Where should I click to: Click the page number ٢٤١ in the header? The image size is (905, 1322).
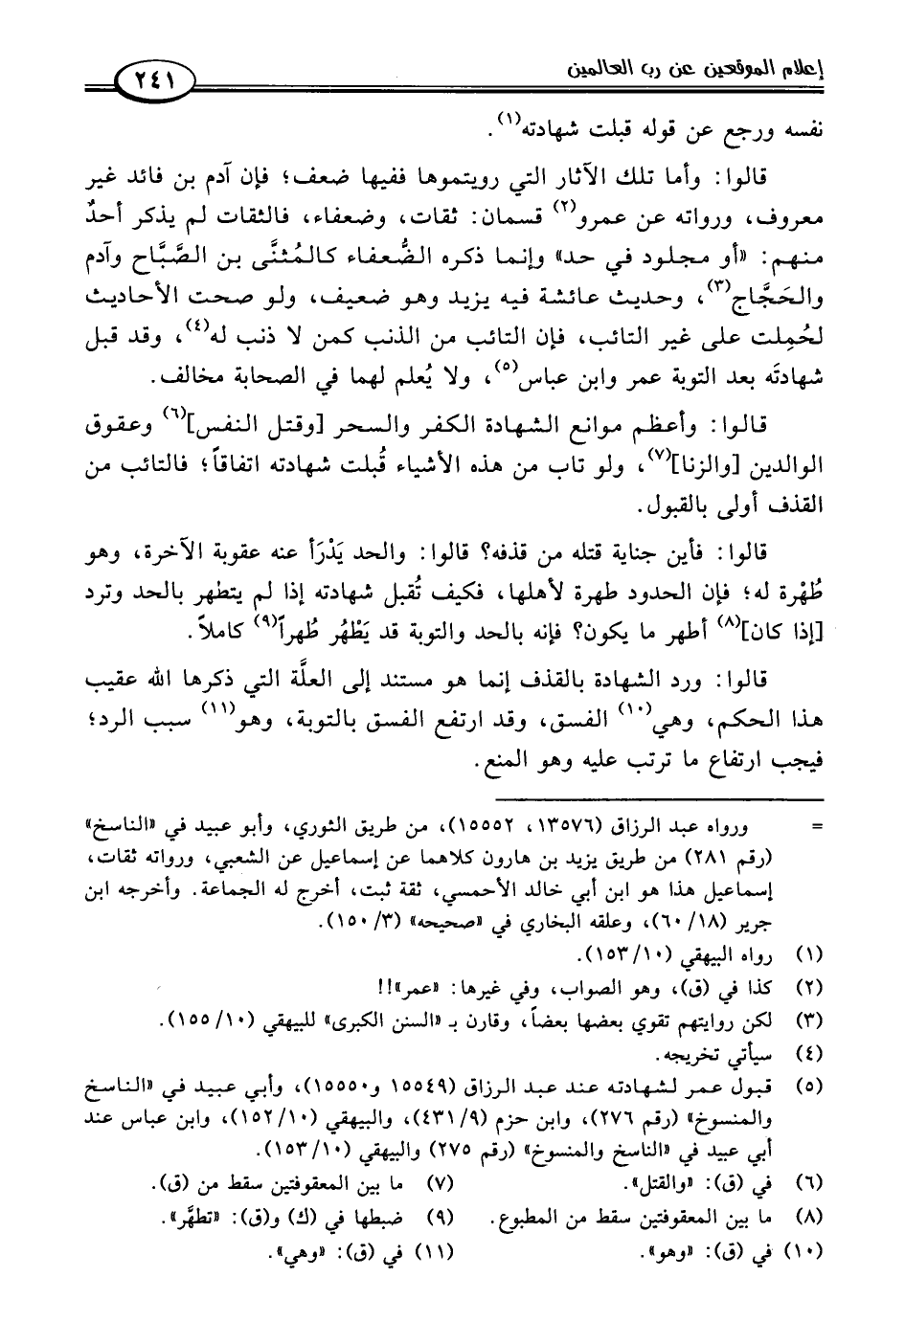tap(154, 77)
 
